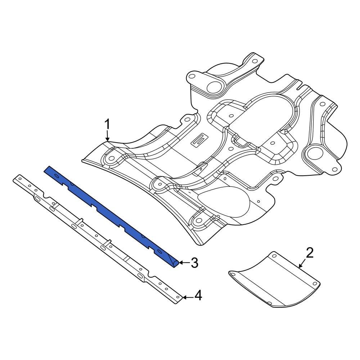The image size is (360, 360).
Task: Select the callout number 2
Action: [x=310, y=253]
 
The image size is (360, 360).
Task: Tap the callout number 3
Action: [x=194, y=263]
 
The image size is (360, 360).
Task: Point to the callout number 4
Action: [x=198, y=296]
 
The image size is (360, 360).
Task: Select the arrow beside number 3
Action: [x=184, y=263]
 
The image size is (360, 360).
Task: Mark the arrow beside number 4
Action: [x=187, y=297]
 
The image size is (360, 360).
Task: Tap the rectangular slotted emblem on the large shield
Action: [x=199, y=141]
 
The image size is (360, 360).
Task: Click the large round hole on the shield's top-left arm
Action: [x=215, y=86]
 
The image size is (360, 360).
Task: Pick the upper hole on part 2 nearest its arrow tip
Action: [x=274, y=256]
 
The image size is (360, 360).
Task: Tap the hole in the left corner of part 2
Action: [x=233, y=275]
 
